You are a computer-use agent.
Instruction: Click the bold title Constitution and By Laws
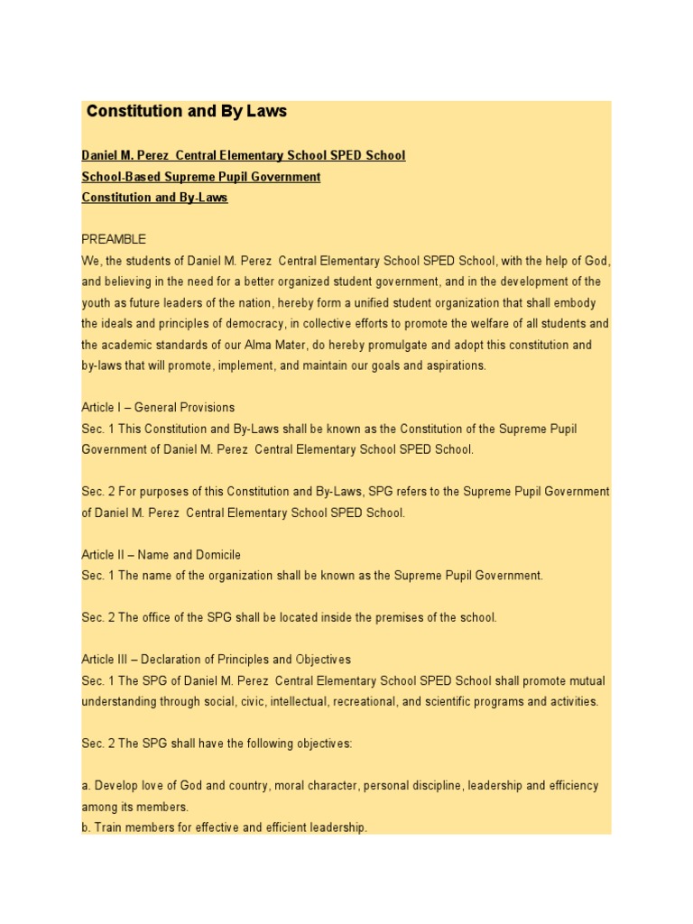186,112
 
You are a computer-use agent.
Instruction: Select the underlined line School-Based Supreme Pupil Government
200,177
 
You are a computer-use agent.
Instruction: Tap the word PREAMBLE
114,239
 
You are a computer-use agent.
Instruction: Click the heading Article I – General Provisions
158,407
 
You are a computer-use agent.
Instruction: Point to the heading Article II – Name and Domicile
161,555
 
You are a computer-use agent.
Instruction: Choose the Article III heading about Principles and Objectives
216,660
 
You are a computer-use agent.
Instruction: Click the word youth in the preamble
97,303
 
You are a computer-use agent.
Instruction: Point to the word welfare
458,324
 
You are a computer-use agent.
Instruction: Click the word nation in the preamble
254,303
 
